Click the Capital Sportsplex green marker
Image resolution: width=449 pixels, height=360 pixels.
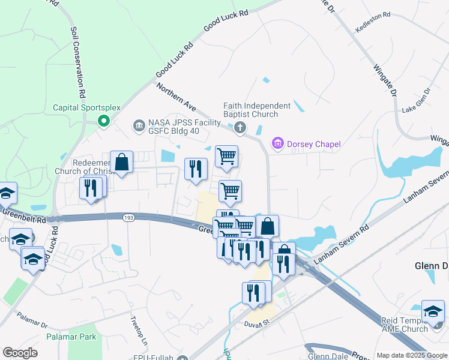pyautogui.click(x=103, y=121)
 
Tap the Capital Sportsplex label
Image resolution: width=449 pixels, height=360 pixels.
pyautogui.click(x=86, y=108)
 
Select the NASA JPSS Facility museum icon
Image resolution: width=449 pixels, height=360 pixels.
pyautogui.click(x=139, y=125)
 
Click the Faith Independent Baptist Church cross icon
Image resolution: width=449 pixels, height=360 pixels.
pyautogui.click(x=240, y=127)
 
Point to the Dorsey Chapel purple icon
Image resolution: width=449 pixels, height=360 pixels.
pyautogui.click(x=277, y=143)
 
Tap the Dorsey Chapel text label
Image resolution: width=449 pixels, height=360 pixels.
pyautogui.click(x=314, y=144)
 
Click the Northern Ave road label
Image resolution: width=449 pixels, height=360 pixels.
pyautogui.click(x=176, y=97)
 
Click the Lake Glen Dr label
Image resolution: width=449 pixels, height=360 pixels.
pyautogui.click(x=416, y=100)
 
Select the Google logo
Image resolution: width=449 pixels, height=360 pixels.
pyautogui.click(x=20, y=353)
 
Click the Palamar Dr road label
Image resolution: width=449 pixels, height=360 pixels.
pyautogui.click(x=32, y=319)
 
